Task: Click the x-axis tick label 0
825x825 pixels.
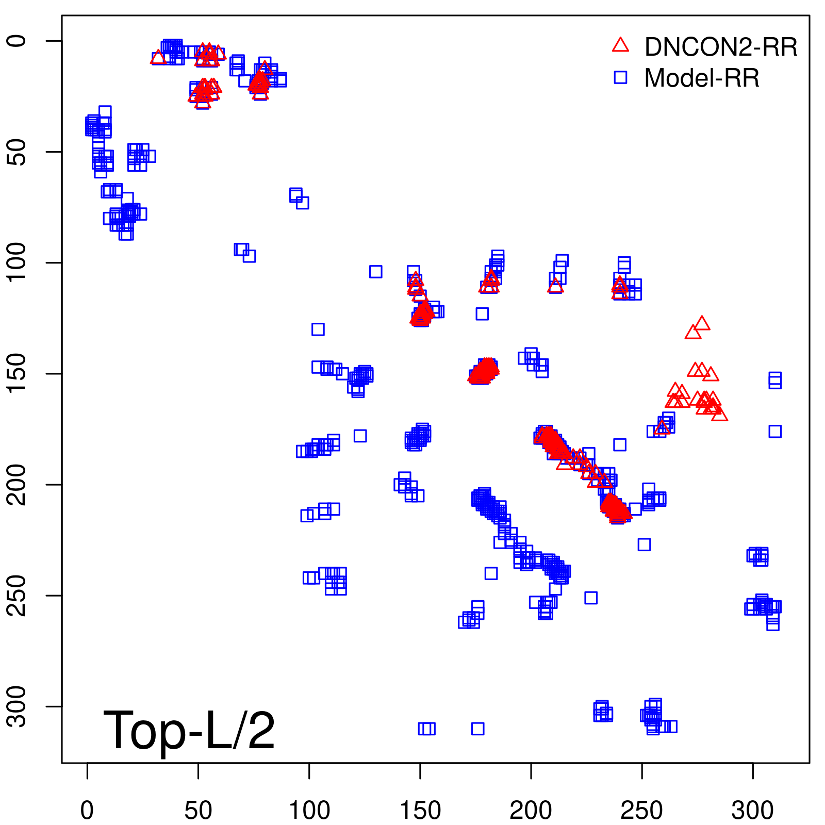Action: pos(87,810)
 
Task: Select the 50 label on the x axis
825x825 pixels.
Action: pos(198,810)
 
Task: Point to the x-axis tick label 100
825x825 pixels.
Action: pos(309,810)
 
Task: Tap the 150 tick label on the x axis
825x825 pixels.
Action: pos(420,810)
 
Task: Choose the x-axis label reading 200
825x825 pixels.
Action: pos(531,810)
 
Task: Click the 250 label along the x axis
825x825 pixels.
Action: pos(641,810)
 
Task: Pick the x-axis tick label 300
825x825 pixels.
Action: pos(752,810)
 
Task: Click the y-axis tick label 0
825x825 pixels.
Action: pos(17,41)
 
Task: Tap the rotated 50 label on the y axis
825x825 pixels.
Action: pos(17,152)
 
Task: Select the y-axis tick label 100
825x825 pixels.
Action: pos(17,262)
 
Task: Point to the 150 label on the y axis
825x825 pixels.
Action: pos(17,373)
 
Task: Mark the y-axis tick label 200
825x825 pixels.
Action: pos(17,484)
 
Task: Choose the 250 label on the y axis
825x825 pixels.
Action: pos(17,595)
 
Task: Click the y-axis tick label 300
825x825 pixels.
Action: pos(17,706)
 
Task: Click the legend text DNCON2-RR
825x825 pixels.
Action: pos(721,47)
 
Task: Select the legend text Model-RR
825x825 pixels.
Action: pos(702,78)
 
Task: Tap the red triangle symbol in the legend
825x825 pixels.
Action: pos(620,45)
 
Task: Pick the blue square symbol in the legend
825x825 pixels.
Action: pos(620,77)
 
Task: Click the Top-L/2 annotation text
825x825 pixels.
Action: pos(189,730)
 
